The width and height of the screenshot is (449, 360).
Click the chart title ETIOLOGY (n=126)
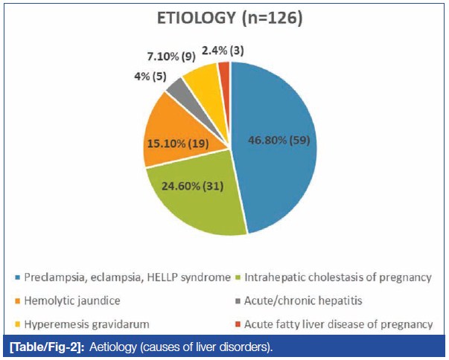[229, 19]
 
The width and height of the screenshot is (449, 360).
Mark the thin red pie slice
[223, 70]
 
